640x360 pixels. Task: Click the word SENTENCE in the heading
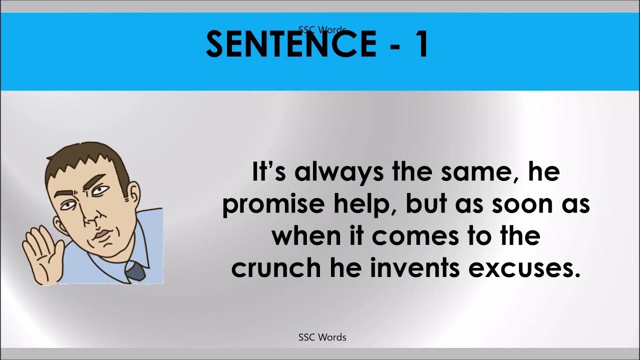pos(291,43)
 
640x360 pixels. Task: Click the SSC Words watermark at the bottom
pos(322,337)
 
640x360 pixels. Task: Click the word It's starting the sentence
pos(269,172)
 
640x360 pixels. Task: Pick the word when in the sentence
pos(304,236)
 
